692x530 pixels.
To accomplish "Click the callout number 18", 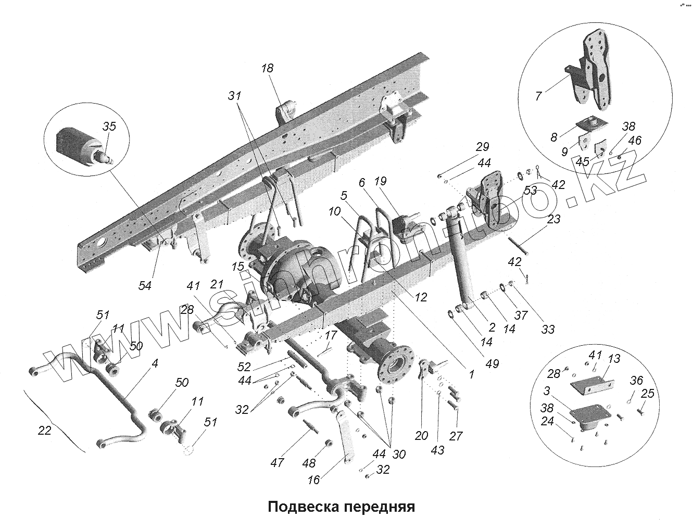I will (268, 69).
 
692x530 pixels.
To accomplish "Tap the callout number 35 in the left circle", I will (109, 127).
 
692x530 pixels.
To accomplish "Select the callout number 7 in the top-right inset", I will (538, 95).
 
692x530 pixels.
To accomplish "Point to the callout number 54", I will (145, 285).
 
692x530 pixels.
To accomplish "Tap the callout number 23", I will (553, 219).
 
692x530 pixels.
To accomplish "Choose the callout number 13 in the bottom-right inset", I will (614, 358).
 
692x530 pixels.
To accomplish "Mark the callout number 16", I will (314, 480).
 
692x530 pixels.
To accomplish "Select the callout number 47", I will (277, 461).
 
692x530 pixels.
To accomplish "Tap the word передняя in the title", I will (381, 507).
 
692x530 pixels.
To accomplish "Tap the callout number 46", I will (635, 141).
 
